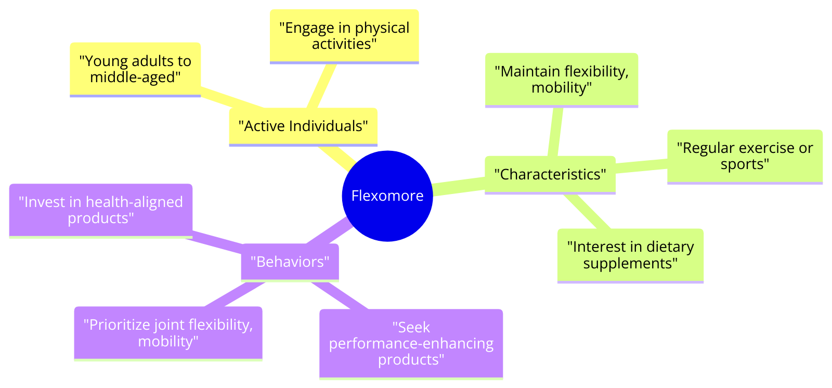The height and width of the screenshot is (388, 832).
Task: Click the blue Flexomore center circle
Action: tap(387, 196)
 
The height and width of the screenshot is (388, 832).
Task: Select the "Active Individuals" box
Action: tap(303, 127)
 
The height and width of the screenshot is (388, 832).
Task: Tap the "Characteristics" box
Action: tap(550, 175)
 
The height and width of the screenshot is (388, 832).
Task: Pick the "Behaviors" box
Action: tap(290, 263)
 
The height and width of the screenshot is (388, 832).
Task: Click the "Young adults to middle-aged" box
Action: tap(135, 70)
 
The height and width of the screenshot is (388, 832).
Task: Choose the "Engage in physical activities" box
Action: tap(344, 37)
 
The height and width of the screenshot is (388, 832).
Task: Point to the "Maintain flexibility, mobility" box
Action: tap(562, 80)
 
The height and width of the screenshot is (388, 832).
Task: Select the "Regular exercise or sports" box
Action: tap(745, 157)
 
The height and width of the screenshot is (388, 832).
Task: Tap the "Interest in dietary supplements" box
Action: tap(630, 256)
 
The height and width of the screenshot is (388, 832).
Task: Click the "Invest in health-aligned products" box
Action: tap(101, 211)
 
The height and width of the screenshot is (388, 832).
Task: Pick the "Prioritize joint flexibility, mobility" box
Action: tap(168, 334)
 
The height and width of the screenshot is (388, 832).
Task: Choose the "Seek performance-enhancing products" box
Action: tap(411, 344)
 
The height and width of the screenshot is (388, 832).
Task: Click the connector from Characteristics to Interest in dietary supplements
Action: tap(587, 211)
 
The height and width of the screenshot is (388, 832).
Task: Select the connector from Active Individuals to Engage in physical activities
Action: tap(321, 86)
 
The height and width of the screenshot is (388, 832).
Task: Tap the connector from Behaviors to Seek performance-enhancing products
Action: tap(340, 295)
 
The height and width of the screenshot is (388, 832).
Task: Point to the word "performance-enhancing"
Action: tap(411, 344)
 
